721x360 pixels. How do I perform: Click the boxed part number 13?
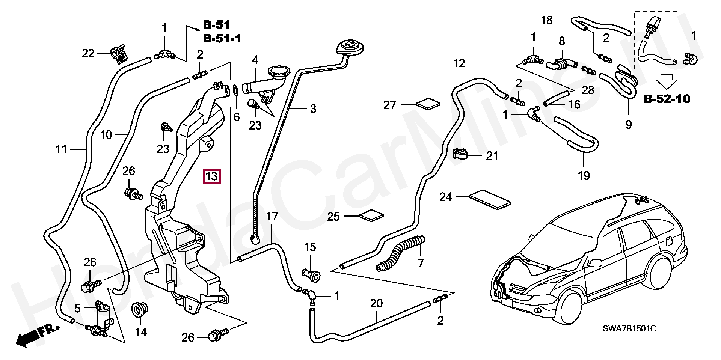tap(212, 176)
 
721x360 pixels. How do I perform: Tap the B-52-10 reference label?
tap(667, 99)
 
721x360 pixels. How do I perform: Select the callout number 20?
tap(376, 303)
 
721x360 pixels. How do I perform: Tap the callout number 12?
tap(459, 63)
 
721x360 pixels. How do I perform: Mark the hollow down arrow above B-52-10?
tap(667, 80)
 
